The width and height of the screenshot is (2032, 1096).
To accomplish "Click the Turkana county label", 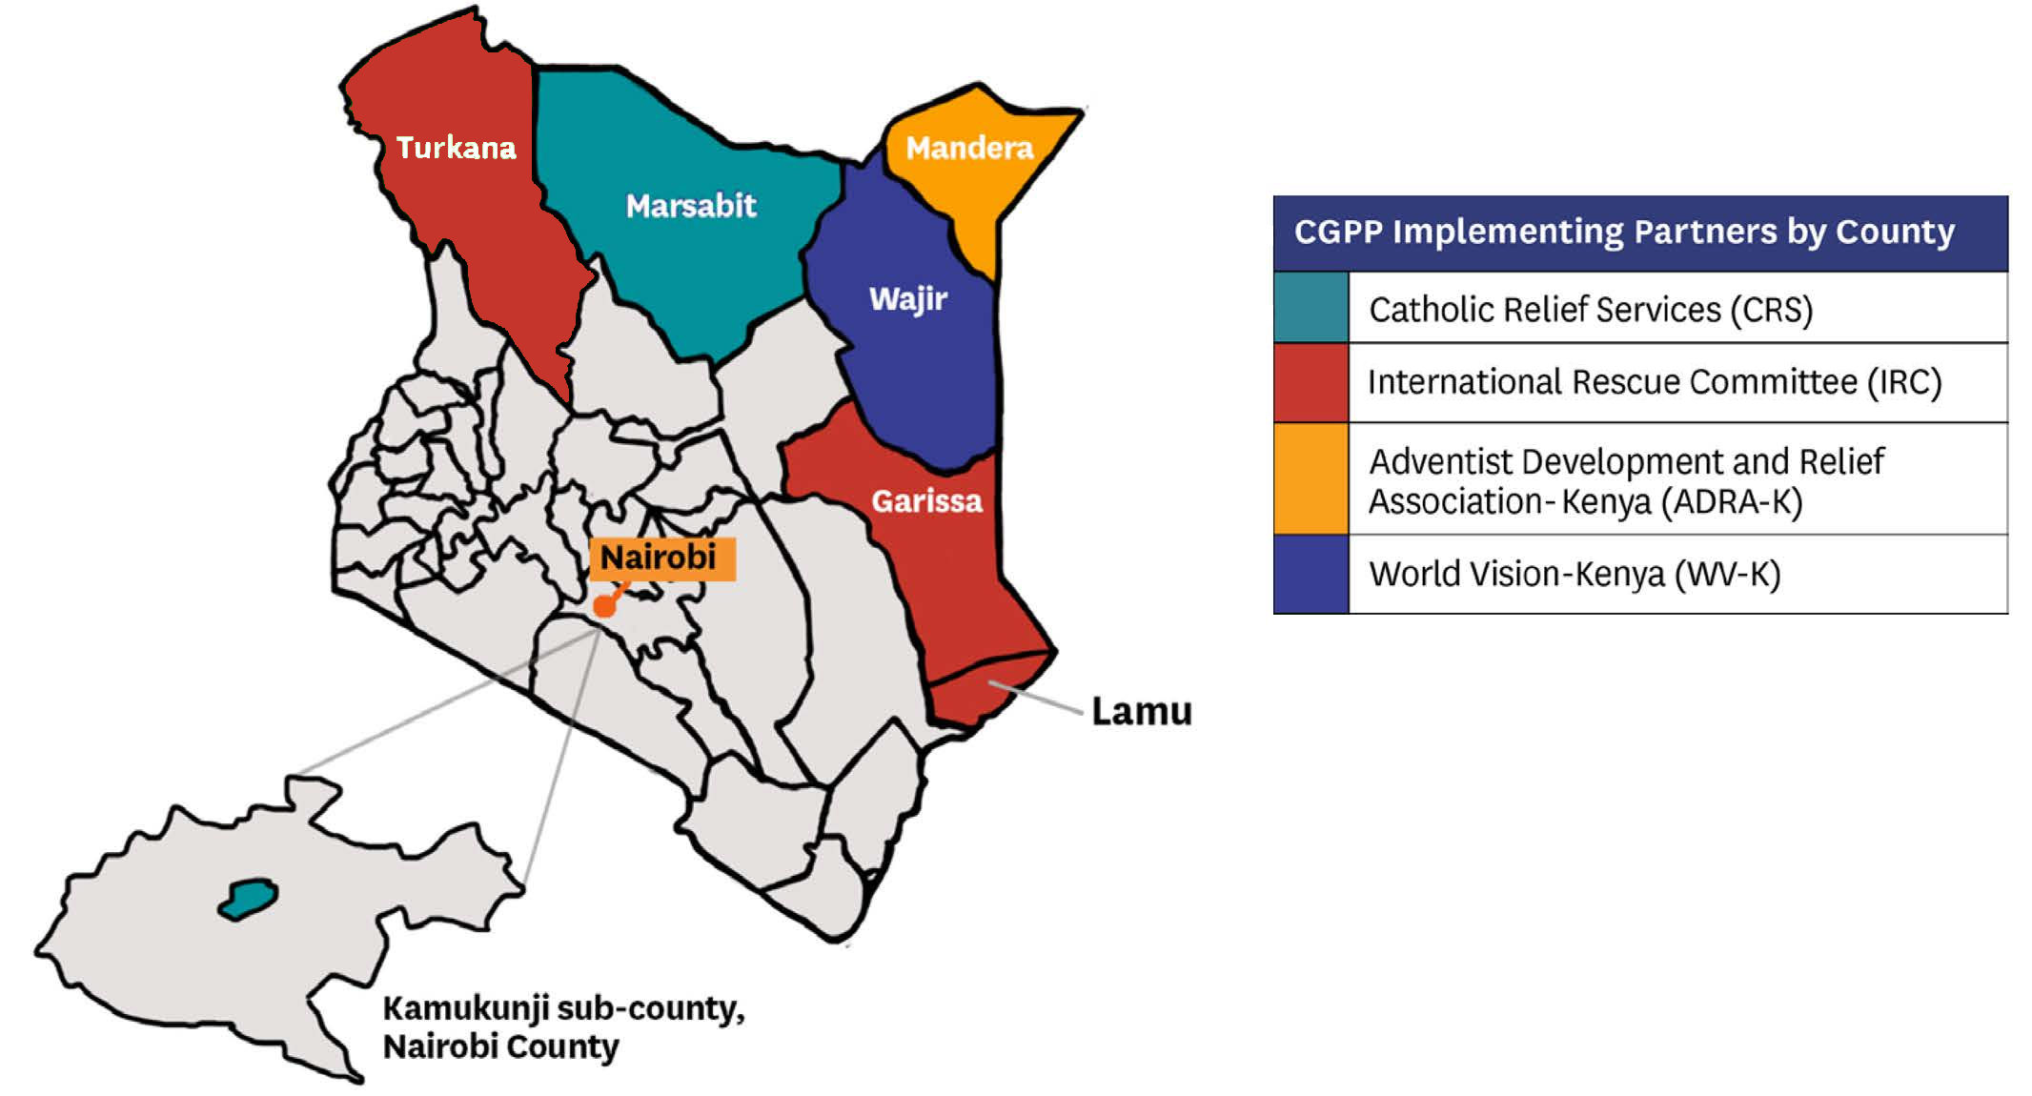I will pyautogui.click(x=456, y=148).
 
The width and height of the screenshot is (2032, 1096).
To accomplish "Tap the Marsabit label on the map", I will pyautogui.click(x=690, y=205).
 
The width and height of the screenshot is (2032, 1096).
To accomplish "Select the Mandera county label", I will pyautogui.click(x=968, y=148).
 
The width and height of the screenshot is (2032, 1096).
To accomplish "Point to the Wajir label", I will pyautogui.click(x=907, y=298).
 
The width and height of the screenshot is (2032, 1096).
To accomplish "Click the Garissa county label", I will pyautogui.click(x=926, y=500).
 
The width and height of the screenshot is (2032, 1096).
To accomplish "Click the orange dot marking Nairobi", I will pyautogui.click(x=604, y=606).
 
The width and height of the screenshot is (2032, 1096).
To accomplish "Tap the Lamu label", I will pyautogui.click(x=1141, y=711).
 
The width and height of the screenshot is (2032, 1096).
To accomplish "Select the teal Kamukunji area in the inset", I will pyautogui.click(x=249, y=899).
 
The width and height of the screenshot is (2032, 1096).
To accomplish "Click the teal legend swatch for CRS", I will pyautogui.click(x=1311, y=307).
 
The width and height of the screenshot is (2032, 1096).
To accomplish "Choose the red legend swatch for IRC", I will pyautogui.click(x=1311, y=382).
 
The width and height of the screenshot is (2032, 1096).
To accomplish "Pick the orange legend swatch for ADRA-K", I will pyautogui.click(x=1311, y=478).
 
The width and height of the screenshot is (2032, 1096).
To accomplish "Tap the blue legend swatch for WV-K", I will pyautogui.click(x=1311, y=574).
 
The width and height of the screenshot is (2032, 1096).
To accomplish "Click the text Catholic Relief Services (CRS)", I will pyautogui.click(x=1590, y=309).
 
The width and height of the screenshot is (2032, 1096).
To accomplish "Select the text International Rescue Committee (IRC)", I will pyautogui.click(x=1654, y=382).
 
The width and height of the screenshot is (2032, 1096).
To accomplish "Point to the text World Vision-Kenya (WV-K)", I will pyautogui.click(x=1575, y=574).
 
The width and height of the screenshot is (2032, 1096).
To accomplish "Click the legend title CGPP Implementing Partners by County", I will pyautogui.click(x=1623, y=232).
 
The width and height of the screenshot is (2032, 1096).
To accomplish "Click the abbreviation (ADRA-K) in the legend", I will pyautogui.click(x=1732, y=501).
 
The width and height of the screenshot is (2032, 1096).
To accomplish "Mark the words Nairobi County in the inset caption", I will pyautogui.click(x=500, y=1046).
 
